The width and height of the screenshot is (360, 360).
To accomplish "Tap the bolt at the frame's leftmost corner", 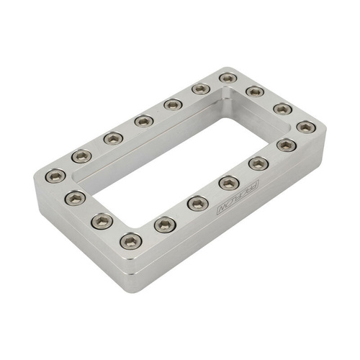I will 55,175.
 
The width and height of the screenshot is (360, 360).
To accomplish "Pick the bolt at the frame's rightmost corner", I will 306,127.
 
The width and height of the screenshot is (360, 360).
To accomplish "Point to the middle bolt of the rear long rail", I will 144,120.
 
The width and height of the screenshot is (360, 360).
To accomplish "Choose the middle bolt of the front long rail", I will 229,182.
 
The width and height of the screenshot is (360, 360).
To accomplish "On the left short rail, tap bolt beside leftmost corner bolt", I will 76,197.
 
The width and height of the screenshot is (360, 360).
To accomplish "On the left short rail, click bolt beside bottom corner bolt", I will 102,220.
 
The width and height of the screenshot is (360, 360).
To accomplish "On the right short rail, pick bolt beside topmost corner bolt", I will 254,91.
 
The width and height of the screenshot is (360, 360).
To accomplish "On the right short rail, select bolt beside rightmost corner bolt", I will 283,109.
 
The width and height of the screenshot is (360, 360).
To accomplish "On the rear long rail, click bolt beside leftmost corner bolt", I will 81,156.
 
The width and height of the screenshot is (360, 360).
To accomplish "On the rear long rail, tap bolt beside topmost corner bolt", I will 201,89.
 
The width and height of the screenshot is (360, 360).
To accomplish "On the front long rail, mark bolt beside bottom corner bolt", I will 165,224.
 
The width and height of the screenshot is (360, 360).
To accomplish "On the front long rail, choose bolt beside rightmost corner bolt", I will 287,145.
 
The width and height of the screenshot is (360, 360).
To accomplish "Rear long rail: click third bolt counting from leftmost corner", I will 112,138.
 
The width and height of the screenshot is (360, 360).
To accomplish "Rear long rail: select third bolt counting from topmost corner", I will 173,104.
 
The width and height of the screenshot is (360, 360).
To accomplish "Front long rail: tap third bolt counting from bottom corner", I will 198,203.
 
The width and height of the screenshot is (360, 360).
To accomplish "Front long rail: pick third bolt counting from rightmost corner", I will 259,163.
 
